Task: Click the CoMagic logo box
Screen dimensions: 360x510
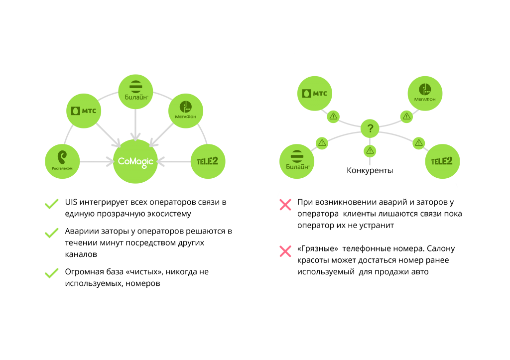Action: click(x=135, y=162)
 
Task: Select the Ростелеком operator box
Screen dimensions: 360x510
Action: click(x=62, y=161)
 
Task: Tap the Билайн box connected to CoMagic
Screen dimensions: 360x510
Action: click(x=135, y=92)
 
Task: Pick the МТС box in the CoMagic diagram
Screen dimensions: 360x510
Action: click(x=84, y=111)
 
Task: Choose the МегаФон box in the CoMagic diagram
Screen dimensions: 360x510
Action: click(x=185, y=111)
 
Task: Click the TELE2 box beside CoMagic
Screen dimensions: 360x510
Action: click(x=208, y=161)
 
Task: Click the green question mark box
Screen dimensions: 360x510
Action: click(x=370, y=128)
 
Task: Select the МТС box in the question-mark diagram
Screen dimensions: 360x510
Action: click(x=315, y=94)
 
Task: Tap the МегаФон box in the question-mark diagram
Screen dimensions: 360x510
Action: click(x=425, y=94)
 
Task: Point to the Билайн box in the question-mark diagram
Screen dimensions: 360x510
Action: click(x=297, y=161)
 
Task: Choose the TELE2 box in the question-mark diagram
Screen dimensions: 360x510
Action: click(x=442, y=161)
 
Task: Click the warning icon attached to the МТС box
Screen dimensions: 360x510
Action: click(x=333, y=117)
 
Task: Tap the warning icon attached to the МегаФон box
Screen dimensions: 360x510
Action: click(x=406, y=117)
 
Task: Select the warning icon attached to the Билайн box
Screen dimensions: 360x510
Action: click(x=322, y=143)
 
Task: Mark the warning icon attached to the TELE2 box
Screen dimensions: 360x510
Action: click(x=418, y=143)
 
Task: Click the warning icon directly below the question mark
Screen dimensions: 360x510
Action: click(x=370, y=151)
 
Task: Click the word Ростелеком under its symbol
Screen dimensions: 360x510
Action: click(x=62, y=168)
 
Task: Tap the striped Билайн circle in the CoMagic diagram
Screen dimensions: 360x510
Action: click(x=135, y=87)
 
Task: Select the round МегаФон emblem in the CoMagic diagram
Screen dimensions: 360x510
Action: click(x=186, y=107)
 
